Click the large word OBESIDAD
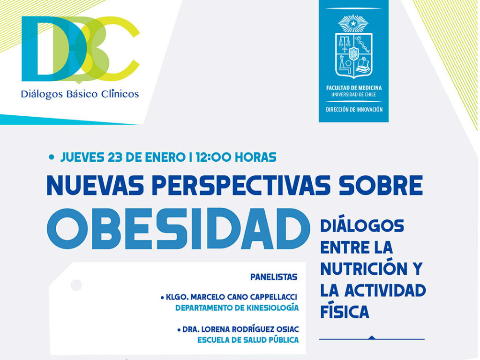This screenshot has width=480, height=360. pos(178,229)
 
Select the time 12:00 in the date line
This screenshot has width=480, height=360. pos(213,157)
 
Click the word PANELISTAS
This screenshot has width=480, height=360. pos(274,277)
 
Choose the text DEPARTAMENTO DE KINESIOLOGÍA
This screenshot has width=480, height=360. pos(237,307)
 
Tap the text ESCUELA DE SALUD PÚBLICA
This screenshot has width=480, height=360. pos(248,340)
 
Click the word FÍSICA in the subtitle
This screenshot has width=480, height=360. pos(345,311)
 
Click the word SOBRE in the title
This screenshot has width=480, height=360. pos(381,186)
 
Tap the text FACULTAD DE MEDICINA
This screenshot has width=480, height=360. pos(353,88)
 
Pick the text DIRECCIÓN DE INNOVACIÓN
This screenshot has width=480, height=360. pos(354,110)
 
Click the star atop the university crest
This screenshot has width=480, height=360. pos(353,23)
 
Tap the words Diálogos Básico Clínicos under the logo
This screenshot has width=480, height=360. pos(80,94)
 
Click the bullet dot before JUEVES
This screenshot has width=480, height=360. pos(52,157)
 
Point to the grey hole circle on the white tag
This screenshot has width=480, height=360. pos(76,285)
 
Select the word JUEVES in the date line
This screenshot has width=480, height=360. pos(82,157)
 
